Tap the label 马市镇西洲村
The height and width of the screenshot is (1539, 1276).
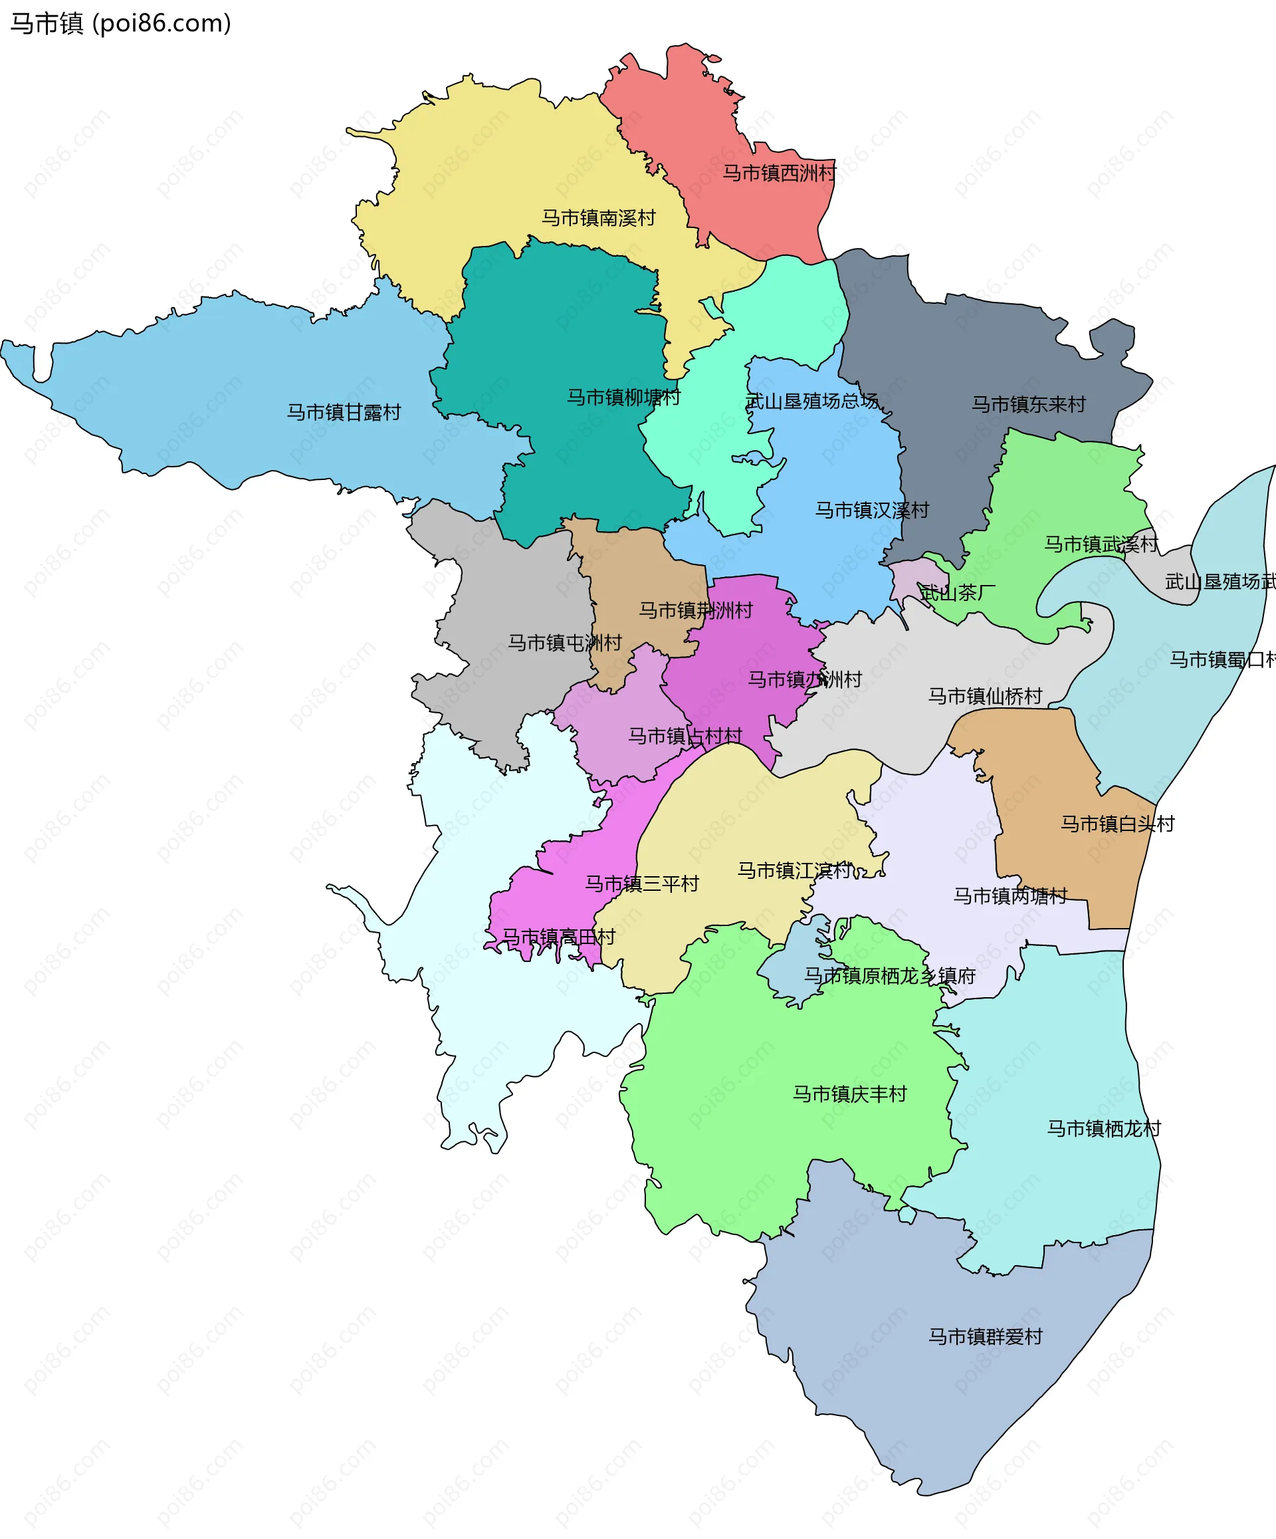pyautogui.click(x=779, y=173)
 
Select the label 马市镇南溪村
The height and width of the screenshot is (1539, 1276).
pyautogui.click(x=597, y=217)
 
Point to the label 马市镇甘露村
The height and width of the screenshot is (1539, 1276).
pyautogui.click(x=344, y=413)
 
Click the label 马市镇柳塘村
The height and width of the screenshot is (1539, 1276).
pyautogui.click(x=623, y=397)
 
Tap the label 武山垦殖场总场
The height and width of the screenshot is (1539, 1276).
pyautogui.click(x=811, y=401)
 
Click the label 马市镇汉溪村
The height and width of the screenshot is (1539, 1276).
pyautogui.click(x=872, y=510)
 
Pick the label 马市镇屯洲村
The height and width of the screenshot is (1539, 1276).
pyautogui.click(x=565, y=643)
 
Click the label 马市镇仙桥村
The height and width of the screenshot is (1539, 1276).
pyautogui.click(x=984, y=696)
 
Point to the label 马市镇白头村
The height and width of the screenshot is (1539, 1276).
pyautogui.click(x=1117, y=824)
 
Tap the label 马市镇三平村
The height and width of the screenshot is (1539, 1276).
pyautogui.click(x=642, y=884)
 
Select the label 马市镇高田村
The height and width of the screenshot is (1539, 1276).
pyautogui.click(x=558, y=937)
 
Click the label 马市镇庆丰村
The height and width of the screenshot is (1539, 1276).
pyautogui.click(x=850, y=1094)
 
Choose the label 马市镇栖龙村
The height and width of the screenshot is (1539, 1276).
pyautogui.click(x=1103, y=1129)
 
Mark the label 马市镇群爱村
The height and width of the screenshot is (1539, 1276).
pyautogui.click(x=985, y=1337)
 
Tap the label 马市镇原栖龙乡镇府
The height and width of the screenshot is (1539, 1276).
pyautogui.click(x=889, y=976)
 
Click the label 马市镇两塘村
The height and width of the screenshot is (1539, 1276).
pyautogui.click(x=1010, y=895)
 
